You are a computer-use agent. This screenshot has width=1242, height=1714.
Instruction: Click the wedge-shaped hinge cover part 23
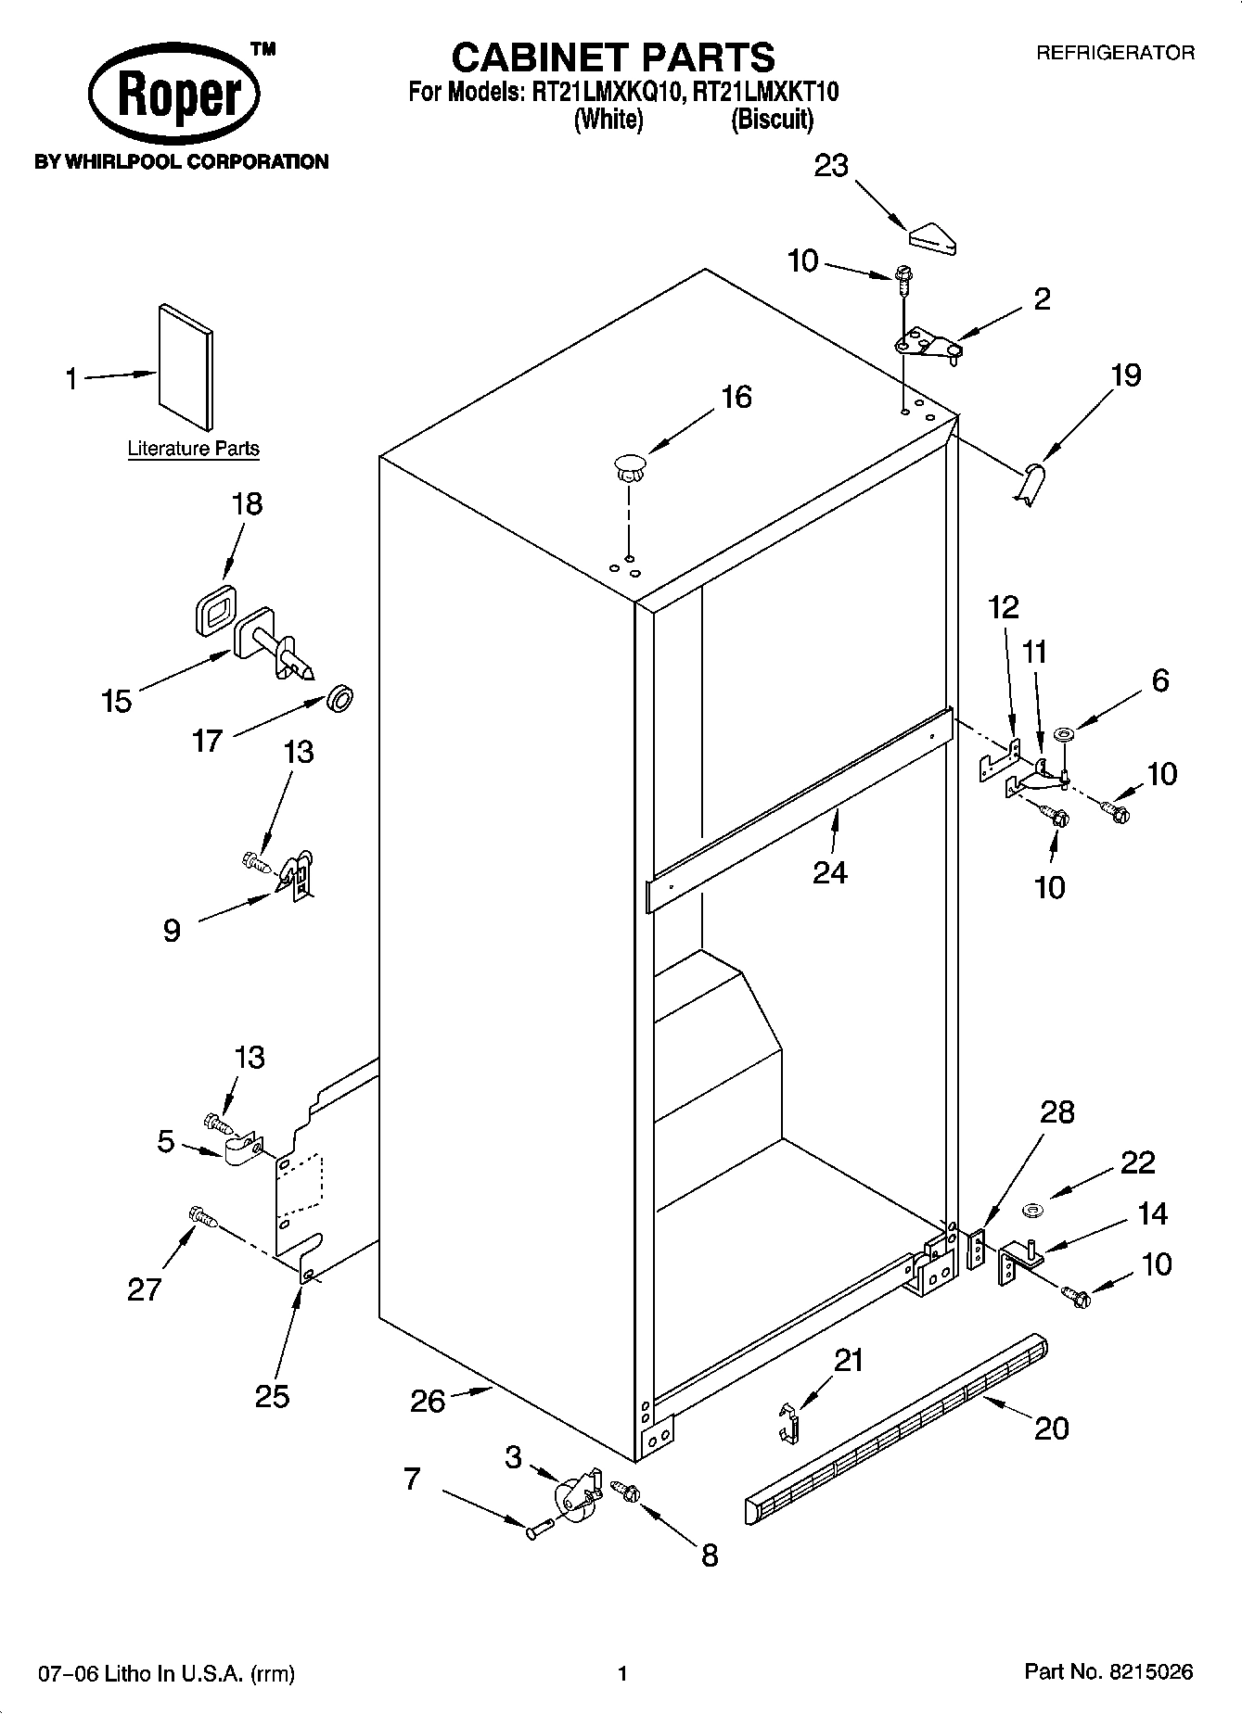tap(933, 238)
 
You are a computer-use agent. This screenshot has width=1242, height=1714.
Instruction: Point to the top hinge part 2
tap(926, 345)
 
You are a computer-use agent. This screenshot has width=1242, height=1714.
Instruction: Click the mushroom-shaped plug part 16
tap(630, 465)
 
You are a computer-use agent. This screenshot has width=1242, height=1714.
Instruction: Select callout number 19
tap(1125, 375)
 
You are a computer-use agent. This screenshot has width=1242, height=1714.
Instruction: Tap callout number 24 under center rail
tap(829, 871)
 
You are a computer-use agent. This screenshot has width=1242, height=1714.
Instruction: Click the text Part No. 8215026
tap(1108, 1672)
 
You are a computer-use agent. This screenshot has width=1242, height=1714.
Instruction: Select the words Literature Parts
tap(193, 449)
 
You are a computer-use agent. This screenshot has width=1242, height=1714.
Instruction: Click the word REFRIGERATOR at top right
tap(1115, 53)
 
